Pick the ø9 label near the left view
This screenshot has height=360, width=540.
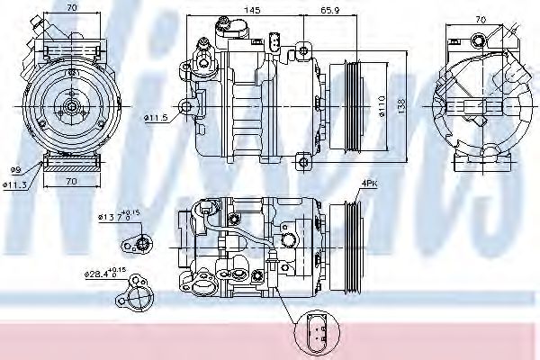coord(15,170)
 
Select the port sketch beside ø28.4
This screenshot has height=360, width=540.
coord(140,292)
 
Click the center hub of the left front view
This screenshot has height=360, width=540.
coord(70,106)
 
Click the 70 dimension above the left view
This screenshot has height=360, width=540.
coord(70,8)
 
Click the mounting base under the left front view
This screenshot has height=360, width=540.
coord(69,163)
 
